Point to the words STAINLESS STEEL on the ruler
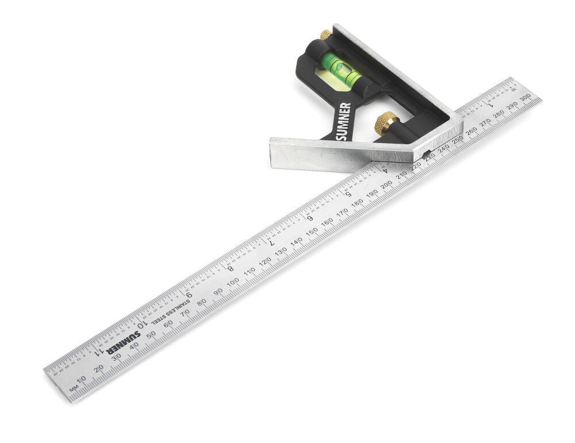(173, 311)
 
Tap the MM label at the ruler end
(74, 390)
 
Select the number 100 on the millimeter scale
(233, 282)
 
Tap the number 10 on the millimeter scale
(81, 379)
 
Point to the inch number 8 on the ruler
(230, 268)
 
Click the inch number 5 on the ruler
(348, 193)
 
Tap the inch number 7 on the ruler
(271, 242)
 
